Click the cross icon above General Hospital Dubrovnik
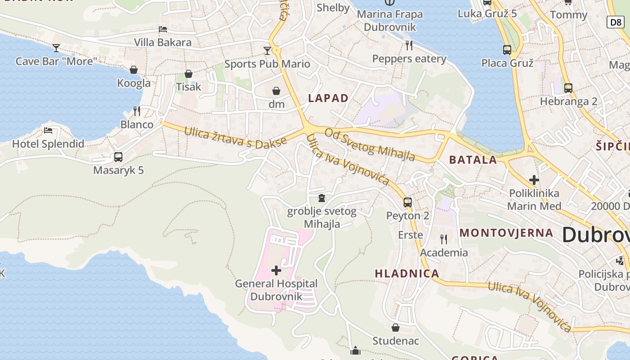pyautogui.click(x=276, y=270)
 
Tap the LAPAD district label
pyautogui.click(x=328, y=98)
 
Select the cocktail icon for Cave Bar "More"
pyautogui.click(x=56, y=48)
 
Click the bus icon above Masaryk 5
pyautogui.click(x=118, y=157)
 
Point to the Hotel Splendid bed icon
pyautogui.click(x=48, y=130)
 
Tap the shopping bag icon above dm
pyautogui.click(x=276, y=91)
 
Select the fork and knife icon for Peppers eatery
pyautogui.click(x=409, y=45)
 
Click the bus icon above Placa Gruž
pyautogui.click(x=507, y=49)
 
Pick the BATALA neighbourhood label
pyautogui.click(x=473, y=160)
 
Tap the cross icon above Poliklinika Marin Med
pyautogui.click(x=534, y=180)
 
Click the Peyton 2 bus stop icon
pyautogui.click(x=408, y=202)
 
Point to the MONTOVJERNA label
pyautogui.click(x=506, y=233)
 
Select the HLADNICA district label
pyautogui.click(x=407, y=273)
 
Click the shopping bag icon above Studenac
pyautogui.click(x=396, y=328)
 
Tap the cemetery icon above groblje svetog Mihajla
pyautogui.click(x=322, y=198)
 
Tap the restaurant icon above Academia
pyautogui.click(x=444, y=239)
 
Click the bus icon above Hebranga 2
pyautogui.click(x=568, y=88)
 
